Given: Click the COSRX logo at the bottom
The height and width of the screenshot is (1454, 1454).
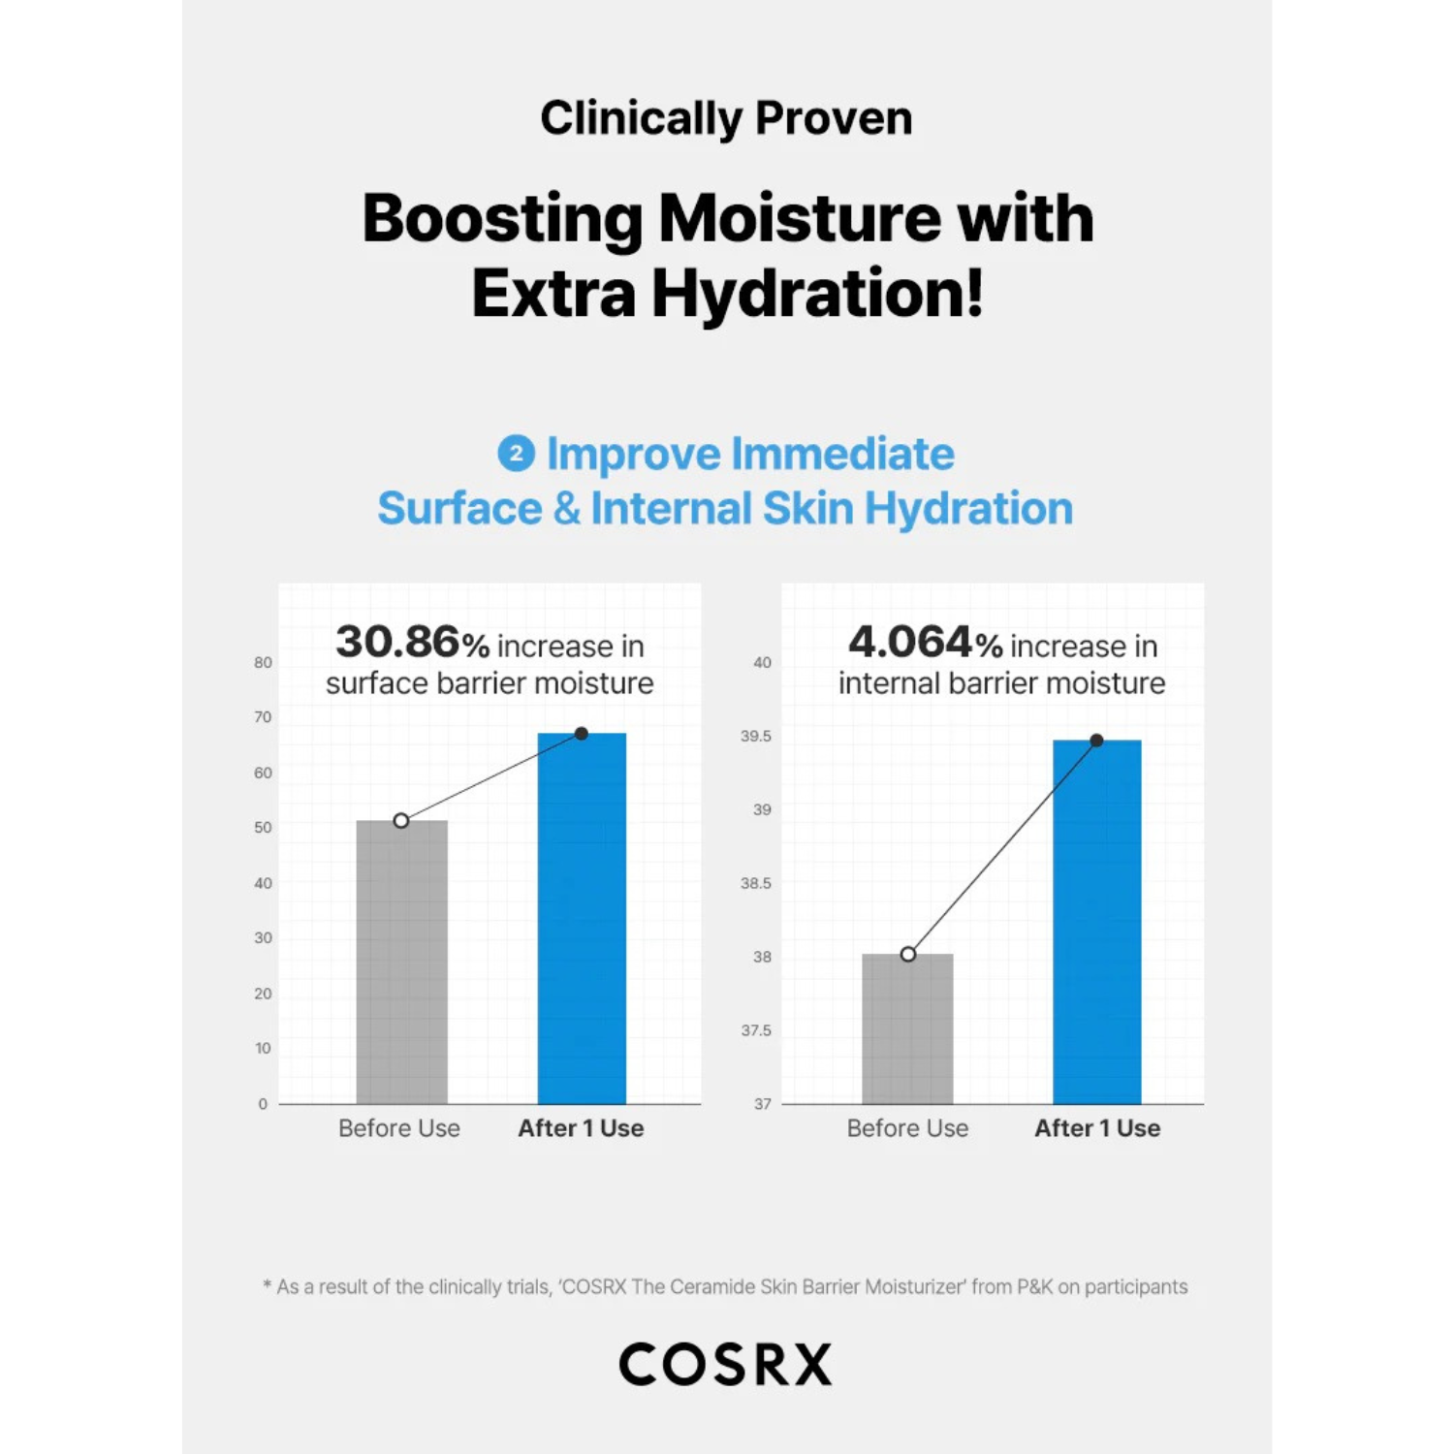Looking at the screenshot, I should point(725,1364).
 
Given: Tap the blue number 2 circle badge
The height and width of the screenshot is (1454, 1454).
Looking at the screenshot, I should point(516,454).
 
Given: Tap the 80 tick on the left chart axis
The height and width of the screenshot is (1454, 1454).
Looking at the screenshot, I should point(263,663).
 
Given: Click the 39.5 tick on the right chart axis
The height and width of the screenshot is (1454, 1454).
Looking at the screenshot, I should point(756,737).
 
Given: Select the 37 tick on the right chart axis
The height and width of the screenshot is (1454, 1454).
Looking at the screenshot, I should point(763,1104).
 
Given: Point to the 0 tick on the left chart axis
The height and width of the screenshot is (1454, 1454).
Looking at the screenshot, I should point(263,1104).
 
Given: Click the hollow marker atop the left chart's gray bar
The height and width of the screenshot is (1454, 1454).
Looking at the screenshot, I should point(401,821).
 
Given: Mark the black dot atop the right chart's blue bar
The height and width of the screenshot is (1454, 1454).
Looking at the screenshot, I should point(1096,741).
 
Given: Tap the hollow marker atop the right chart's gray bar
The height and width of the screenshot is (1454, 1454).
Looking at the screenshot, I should point(907,955).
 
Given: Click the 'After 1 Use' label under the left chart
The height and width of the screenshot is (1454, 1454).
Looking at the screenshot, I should point(581,1128).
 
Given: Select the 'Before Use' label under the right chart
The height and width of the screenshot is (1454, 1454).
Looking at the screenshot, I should point(907,1128).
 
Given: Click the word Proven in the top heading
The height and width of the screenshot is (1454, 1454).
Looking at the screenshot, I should point(834,118).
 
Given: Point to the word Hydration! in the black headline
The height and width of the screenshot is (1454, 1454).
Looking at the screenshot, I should point(817,293).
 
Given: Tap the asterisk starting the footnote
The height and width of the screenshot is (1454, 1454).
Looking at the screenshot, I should point(267,1285).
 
